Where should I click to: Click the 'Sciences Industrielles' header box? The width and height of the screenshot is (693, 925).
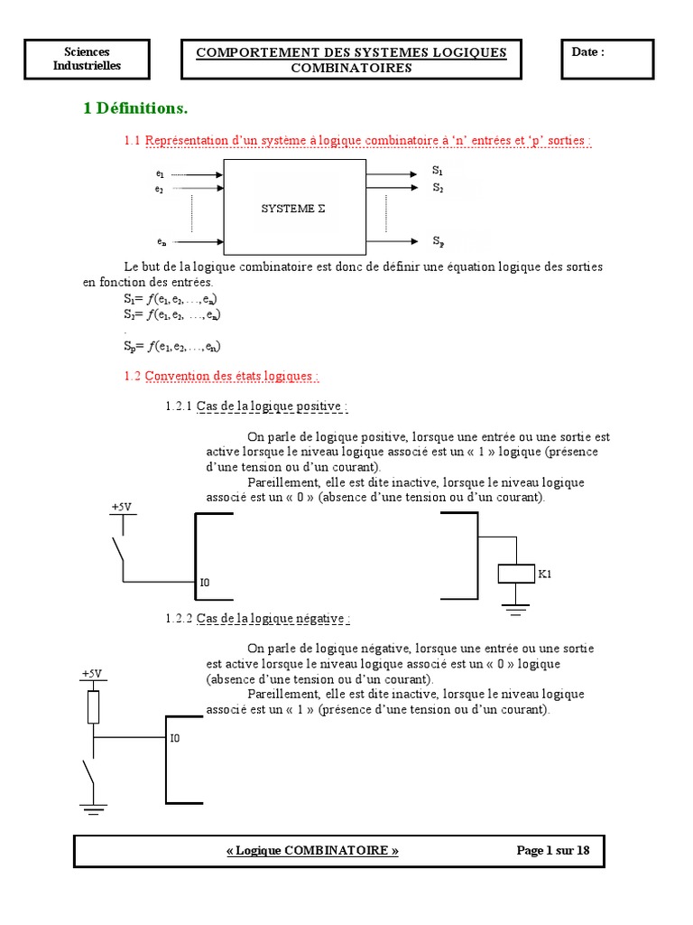(87, 59)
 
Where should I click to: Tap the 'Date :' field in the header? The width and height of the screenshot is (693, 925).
(587, 52)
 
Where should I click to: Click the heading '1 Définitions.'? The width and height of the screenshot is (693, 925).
(135, 108)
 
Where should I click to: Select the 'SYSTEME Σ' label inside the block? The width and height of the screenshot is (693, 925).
(293, 208)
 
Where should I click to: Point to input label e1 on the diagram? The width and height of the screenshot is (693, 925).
(160, 173)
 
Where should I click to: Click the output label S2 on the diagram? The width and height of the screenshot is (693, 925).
(438, 187)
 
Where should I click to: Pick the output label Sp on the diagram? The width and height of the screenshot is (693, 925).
(438, 241)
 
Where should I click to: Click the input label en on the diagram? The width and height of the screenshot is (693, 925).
(161, 242)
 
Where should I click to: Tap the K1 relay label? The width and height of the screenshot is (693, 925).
(545, 574)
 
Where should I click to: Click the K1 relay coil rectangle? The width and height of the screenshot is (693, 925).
(516, 574)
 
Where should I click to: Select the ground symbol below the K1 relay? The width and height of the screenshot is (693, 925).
(516, 610)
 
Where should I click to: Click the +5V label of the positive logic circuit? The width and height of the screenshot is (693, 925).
(121, 508)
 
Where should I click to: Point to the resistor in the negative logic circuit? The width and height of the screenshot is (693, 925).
(93, 706)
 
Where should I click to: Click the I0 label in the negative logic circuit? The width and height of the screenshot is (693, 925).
(175, 738)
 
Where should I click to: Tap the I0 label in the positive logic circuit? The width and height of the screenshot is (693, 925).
(205, 584)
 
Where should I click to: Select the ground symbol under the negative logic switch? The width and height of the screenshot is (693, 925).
(93, 808)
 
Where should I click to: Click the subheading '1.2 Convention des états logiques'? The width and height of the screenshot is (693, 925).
(221, 376)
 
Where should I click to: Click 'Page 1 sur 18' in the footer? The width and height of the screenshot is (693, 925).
(552, 850)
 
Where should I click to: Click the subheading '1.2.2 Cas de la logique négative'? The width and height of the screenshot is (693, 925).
(258, 619)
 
